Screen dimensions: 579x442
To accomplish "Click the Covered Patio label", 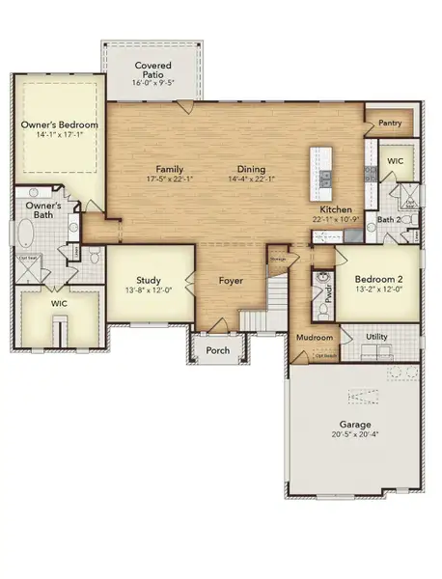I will click(152, 69).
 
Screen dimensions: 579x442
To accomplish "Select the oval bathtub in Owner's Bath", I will click(23, 234).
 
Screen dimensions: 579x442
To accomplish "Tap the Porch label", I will click(218, 350).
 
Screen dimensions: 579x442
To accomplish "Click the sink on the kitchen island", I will click(325, 178).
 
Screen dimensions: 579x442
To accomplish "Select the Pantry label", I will click(390, 123).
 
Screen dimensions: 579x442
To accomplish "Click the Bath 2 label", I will click(388, 220).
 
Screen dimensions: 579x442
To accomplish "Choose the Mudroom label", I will click(315, 338).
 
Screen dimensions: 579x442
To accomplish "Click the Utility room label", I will click(378, 337).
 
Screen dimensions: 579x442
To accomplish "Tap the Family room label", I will click(169, 168).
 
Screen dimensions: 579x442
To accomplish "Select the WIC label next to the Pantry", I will click(395, 159).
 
